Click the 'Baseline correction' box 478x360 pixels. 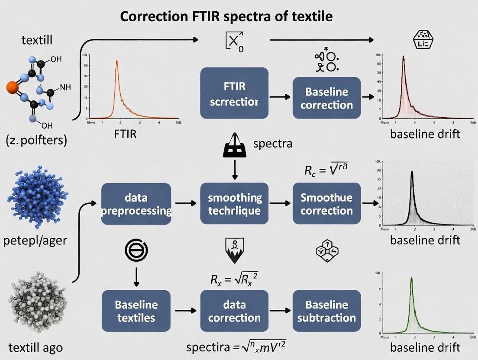[x=326, y=98]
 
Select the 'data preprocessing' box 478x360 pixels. [x=136, y=204]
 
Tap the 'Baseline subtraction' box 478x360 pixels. [x=326, y=311]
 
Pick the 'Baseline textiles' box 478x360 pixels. [x=136, y=311]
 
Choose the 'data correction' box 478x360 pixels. [x=234, y=311]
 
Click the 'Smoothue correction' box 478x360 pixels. [x=326, y=204]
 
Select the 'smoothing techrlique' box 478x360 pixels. [x=234, y=204]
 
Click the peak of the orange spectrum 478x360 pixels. [x=116, y=61]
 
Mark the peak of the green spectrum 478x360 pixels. [x=411, y=278]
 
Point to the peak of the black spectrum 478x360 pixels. [x=412, y=172]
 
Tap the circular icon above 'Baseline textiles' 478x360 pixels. [x=136, y=250]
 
